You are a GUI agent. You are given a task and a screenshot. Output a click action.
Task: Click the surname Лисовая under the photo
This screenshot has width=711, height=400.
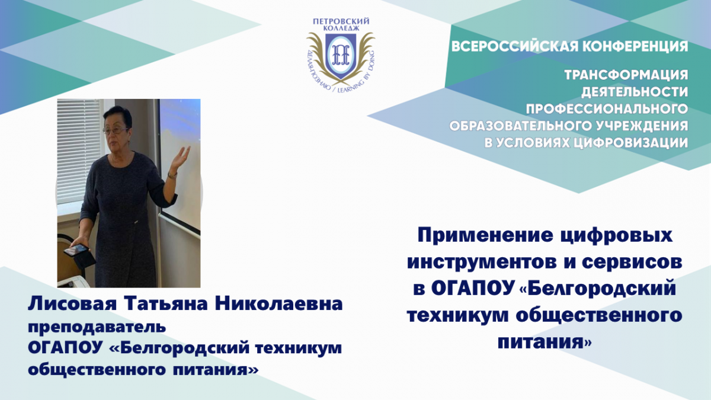[73, 304]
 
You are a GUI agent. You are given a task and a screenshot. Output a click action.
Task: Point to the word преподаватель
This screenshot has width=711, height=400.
[97, 327]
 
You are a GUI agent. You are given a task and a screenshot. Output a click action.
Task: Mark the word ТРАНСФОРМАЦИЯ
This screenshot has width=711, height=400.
[626, 75]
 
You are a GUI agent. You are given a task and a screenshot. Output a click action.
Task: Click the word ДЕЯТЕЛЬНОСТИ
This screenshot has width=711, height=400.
[635, 92]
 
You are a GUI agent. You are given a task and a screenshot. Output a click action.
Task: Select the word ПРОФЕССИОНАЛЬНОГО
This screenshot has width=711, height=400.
[607, 109]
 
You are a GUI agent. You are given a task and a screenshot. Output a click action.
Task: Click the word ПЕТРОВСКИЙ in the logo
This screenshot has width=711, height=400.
[341, 21]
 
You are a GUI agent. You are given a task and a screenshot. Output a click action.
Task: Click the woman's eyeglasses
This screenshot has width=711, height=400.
[116, 130]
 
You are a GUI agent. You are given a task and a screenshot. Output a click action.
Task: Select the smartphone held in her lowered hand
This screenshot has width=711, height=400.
[75, 250]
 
